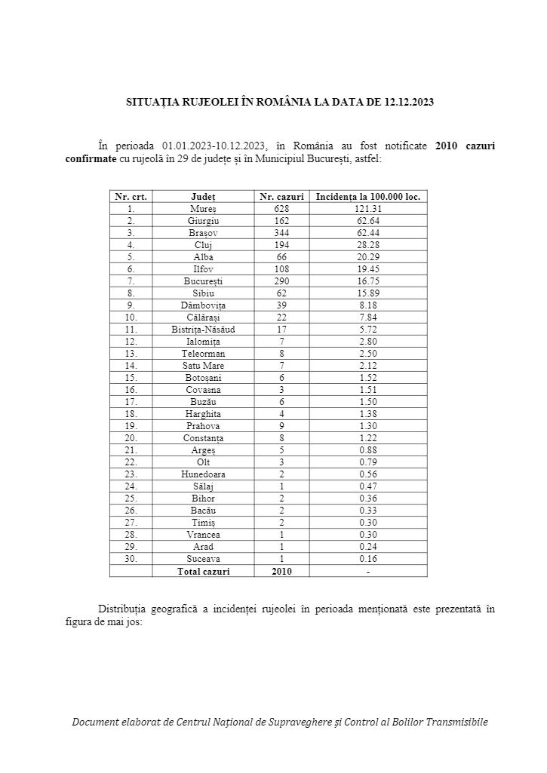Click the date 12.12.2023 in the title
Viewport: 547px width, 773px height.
coord(408,101)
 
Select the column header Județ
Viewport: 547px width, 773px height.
coord(203,196)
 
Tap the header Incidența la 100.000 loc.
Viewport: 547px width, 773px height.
coord(368,196)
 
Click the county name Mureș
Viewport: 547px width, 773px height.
coord(203,208)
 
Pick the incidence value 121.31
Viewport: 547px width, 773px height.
coord(368,208)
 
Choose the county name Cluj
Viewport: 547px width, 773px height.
coord(203,244)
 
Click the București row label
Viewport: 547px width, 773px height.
coord(203,281)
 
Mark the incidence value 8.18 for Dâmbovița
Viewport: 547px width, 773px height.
coord(368,305)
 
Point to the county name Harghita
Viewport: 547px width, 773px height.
coord(203,413)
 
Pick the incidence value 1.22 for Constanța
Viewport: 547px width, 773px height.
coord(368,437)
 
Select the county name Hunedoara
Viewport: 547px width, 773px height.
coord(203,474)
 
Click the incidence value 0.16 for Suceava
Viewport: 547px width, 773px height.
coord(368,559)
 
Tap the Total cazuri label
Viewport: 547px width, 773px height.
coord(203,571)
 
